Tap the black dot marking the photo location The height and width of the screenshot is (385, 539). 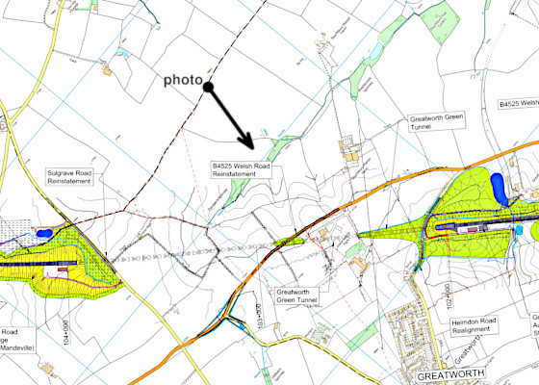coord(207,88)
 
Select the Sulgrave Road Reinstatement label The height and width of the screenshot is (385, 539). coord(69,180)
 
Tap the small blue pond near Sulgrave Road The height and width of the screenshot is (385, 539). coord(42,233)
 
